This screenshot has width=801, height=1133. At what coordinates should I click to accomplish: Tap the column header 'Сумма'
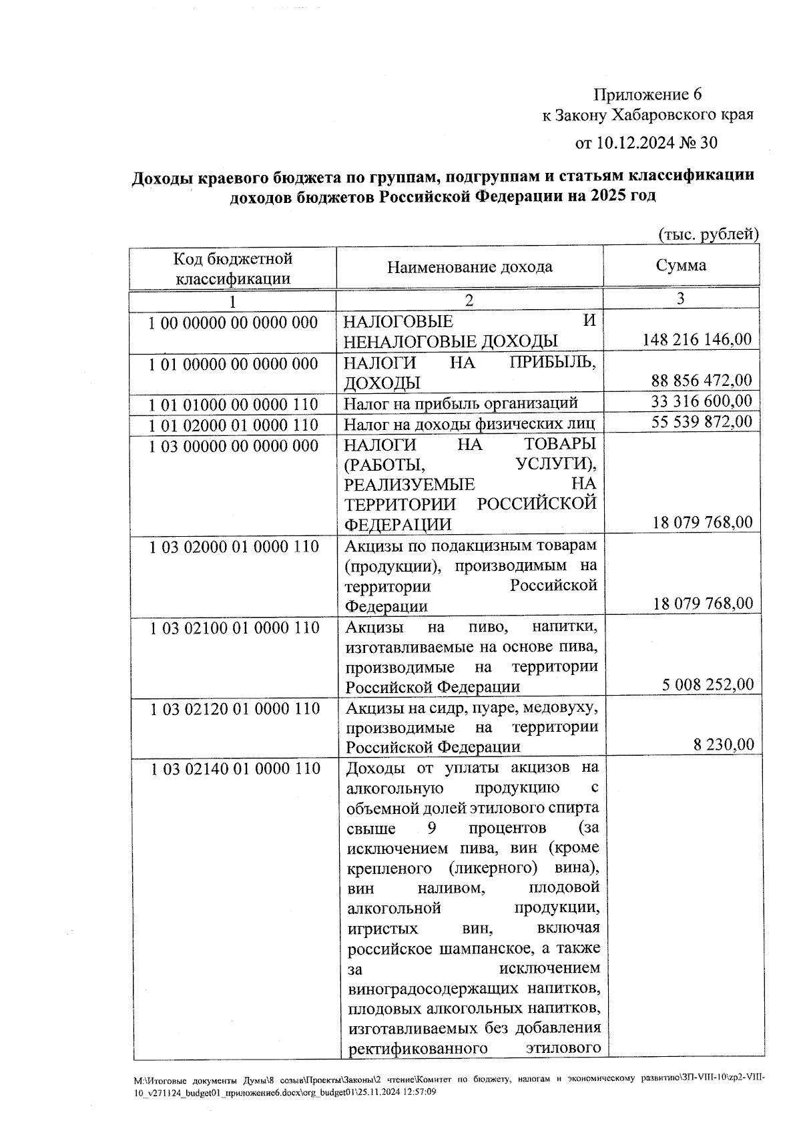[681, 266]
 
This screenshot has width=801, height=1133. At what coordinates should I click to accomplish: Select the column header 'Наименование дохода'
[470, 267]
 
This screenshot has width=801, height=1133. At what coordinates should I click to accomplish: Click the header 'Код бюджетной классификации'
[233, 268]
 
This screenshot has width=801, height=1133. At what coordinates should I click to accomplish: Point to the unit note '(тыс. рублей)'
[708, 234]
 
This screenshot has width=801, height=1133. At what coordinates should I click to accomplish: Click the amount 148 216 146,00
[697, 340]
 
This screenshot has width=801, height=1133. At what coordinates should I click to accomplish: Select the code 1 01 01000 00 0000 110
[233, 405]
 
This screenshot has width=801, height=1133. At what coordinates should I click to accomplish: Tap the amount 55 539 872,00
[702, 421]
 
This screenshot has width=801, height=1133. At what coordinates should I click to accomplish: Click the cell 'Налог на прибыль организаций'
[461, 403]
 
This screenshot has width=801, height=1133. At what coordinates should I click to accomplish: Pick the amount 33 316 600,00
[702, 401]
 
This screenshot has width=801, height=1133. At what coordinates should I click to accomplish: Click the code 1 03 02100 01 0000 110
[235, 628]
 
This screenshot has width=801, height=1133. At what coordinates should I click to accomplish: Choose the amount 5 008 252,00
[708, 685]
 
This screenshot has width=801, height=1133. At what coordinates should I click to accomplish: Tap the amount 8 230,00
[724, 745]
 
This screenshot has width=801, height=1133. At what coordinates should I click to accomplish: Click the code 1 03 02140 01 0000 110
[235, 769]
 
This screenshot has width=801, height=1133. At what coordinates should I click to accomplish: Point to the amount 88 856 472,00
[702, 381]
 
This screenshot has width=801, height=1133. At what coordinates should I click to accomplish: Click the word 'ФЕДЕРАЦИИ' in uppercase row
[398, 525]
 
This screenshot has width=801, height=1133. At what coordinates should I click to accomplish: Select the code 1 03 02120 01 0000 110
[235, 709]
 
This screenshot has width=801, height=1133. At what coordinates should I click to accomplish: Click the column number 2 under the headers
[469, 300]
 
